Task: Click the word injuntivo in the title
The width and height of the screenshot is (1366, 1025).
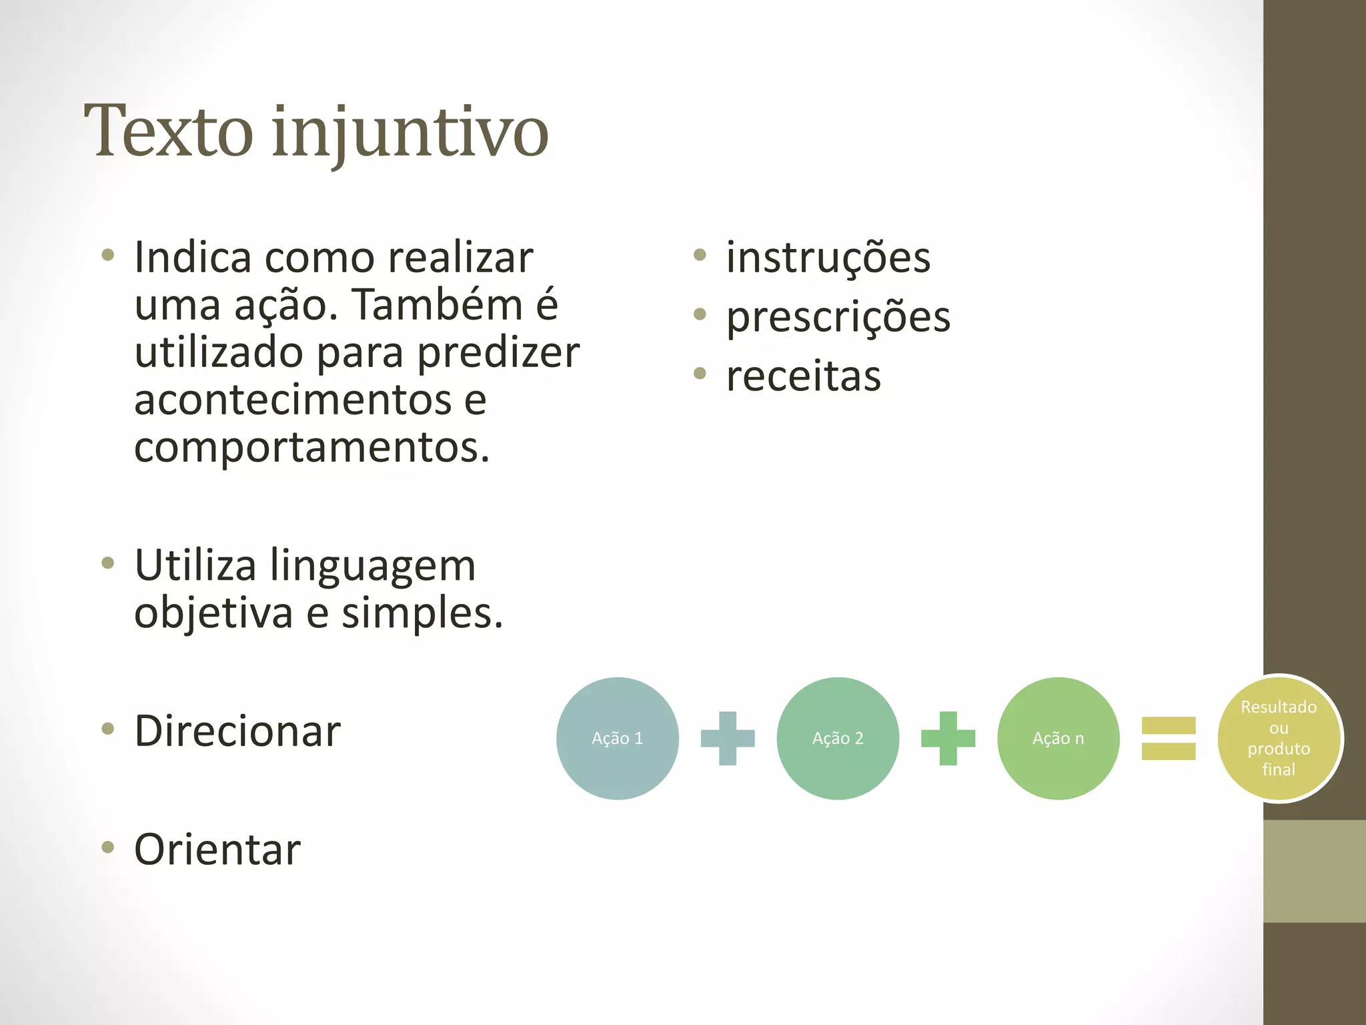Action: coord(410,132)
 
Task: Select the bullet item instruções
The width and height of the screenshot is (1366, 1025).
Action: coord(828,258)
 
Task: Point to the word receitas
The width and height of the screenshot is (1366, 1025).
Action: coord(803,376)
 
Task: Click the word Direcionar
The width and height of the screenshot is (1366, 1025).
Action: coord(237,731)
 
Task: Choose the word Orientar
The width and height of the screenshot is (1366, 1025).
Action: coord(217,849)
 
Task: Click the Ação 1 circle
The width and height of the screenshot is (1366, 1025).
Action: coord(618,738)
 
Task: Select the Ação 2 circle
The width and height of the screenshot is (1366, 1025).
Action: coord(838,738)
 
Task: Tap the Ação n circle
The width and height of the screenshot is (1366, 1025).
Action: coord(1058,738)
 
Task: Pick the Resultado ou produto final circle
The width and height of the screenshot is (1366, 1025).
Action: coord(1279,738)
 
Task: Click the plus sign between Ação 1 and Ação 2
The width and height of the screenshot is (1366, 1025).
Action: coord(728,738)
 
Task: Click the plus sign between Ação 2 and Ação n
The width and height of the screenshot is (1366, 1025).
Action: coord(948,738)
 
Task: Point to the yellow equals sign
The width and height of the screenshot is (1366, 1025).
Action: coord(1169,738)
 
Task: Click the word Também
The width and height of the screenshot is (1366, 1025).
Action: coord(438,305)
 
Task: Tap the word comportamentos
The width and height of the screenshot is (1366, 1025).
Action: coord(311,447)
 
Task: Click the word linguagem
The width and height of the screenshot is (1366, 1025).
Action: coord(373,566)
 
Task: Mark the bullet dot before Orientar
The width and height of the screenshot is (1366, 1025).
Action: coord(108,847)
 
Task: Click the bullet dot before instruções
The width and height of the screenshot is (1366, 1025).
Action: coord(700,254)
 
